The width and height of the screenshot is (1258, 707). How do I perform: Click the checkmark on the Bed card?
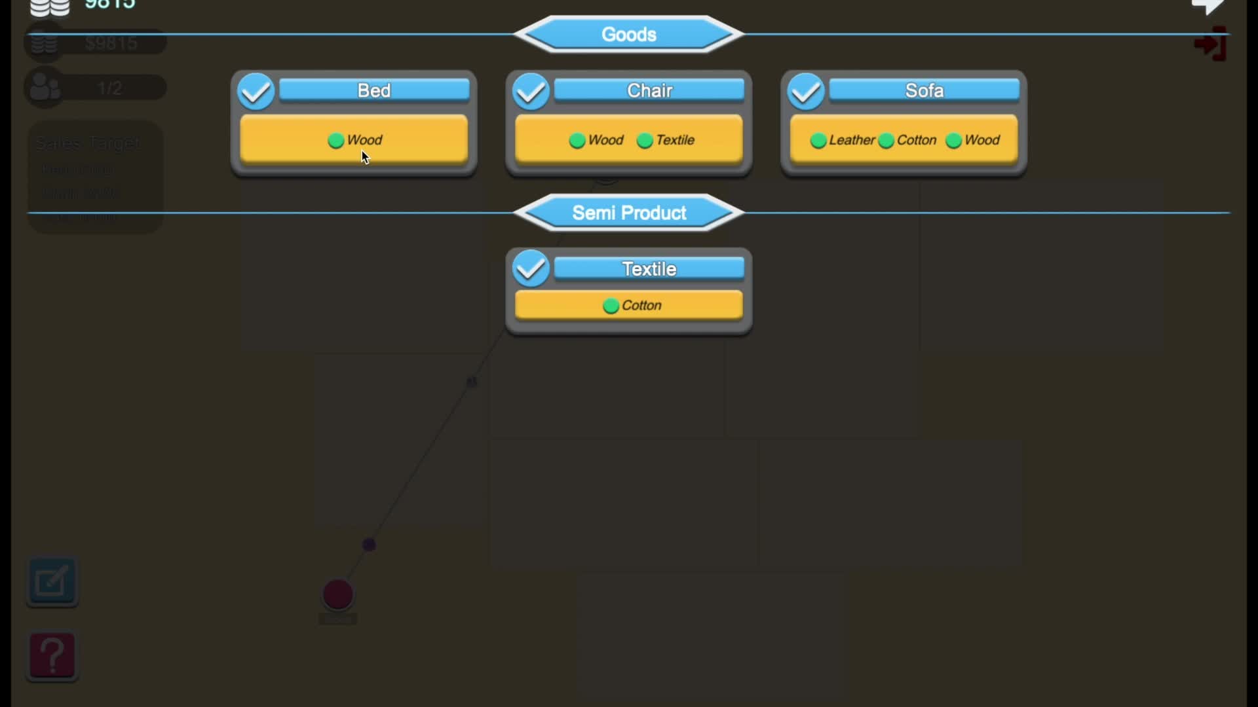[256, 92]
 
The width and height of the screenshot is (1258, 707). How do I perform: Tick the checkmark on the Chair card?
[531, 92]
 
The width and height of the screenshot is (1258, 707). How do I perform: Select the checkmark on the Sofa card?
[806, 92]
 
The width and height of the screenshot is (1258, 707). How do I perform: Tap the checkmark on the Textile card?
[531, 268]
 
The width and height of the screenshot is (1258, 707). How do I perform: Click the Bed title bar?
[374, 90]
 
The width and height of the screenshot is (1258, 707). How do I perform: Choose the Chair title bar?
[649, 90]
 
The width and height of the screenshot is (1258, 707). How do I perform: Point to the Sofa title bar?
[924, 90]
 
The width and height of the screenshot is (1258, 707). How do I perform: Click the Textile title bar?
[649, 268]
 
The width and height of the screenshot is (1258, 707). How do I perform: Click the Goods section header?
[629, 34]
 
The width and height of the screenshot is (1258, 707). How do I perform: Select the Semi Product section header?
[629, 213]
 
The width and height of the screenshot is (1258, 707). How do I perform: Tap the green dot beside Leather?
[818, 141]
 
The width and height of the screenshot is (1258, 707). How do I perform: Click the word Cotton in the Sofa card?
[916, 140]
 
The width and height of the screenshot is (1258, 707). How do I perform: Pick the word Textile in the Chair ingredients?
[675, 140]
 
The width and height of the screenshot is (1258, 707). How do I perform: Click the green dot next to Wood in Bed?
[336, 141]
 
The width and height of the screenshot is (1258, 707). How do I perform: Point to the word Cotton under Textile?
[641, 306]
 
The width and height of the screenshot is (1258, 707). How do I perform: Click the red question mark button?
[52, 656]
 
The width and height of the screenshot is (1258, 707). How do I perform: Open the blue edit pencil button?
[52, 581]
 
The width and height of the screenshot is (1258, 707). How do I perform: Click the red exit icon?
[1210, 45]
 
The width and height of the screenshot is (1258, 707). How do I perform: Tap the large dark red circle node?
[338, 595]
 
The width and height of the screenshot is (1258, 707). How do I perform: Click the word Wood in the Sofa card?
[982, 140]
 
